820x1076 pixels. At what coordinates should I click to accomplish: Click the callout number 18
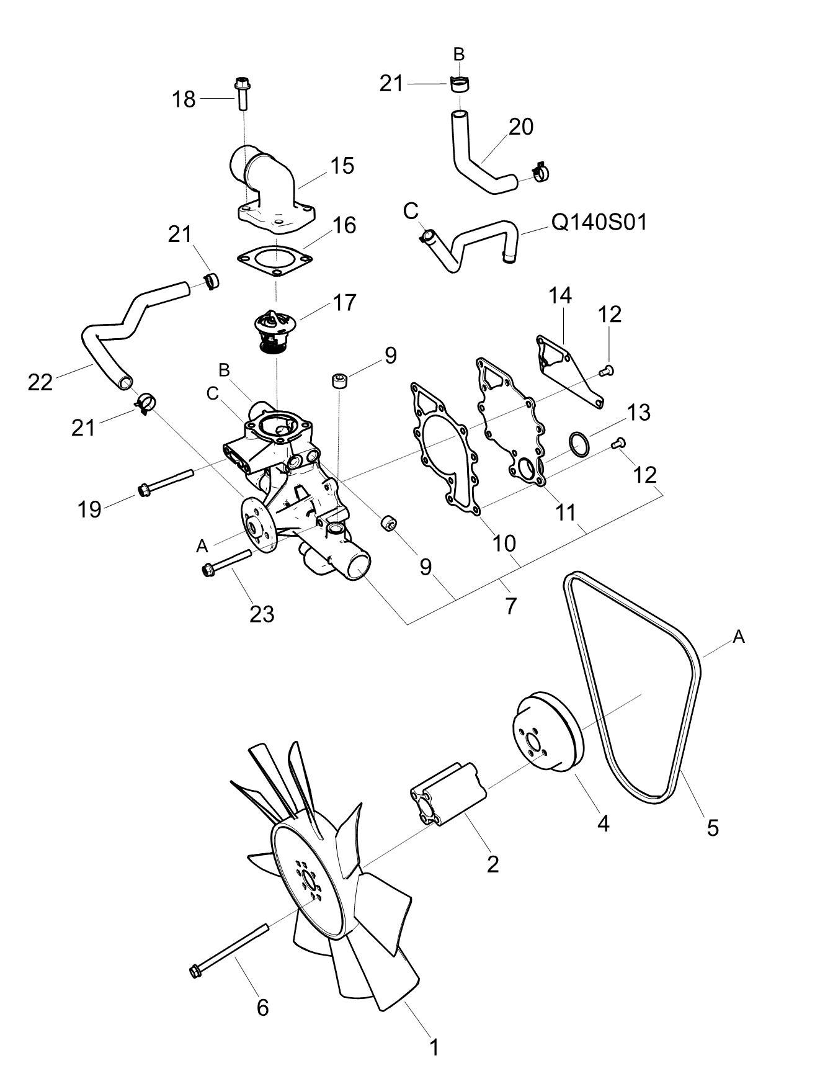[184, 99]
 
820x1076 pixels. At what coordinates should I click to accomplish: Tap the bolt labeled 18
[241, 93]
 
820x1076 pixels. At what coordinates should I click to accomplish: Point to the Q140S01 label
[599, 222]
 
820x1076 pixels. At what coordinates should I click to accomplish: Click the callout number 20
[521, 127]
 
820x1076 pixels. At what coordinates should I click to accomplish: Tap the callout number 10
[504, 544]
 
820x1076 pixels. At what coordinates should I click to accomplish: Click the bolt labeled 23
[226, 561]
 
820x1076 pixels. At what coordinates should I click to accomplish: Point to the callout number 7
[510, 606]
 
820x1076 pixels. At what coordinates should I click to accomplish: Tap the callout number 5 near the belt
[713, 827]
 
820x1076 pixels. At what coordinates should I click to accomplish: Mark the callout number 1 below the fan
[435, 1047]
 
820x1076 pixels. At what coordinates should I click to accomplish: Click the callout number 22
[40, 382]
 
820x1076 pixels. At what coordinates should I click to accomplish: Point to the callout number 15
[342, 166]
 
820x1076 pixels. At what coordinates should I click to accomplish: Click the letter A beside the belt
[738, 636]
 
